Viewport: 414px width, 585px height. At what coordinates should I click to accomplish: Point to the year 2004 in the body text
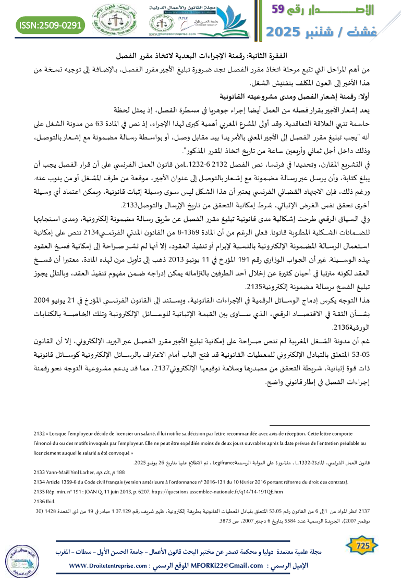[x=57, y=301]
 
